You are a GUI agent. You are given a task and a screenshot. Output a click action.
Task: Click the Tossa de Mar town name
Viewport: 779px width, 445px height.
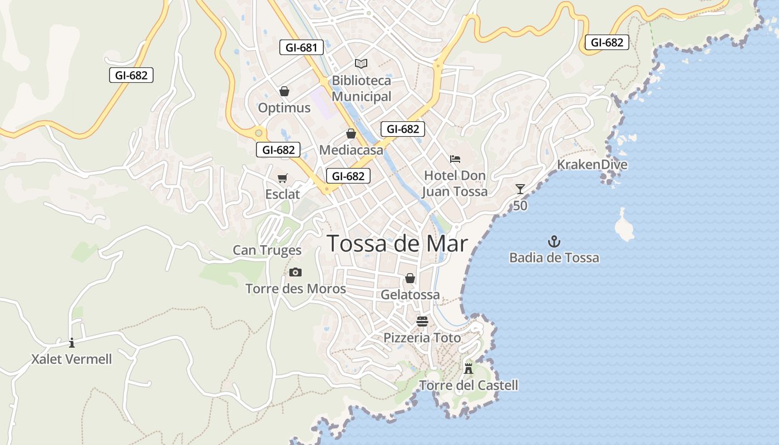pyautogui.click(x=397, y=244)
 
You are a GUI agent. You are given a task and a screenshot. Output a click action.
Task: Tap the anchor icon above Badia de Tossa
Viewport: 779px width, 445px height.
pyautogui.click(x=554, y=241)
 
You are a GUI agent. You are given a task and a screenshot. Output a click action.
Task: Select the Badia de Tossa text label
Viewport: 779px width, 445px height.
pyautogui.click(x=554, y=258)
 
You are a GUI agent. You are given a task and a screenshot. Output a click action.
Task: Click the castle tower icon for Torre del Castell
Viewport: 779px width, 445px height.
pyautogui.click(x=469, y=368)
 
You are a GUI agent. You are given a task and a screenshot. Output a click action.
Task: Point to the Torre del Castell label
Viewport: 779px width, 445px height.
pyautogui.click(x=469, y=385)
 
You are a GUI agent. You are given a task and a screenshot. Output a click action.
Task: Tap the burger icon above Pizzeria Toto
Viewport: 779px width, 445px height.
pyautogui.click(x=422, y=321)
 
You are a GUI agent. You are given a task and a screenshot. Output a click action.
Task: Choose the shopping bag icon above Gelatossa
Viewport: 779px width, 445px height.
pyautogui.click(x=410, y=278)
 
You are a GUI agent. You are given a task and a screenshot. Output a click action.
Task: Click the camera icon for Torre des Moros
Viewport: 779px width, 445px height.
pyautogui.click(x=295, y=272)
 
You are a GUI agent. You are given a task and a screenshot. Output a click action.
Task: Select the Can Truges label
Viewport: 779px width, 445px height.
pyautogui.click(x=267, y=250)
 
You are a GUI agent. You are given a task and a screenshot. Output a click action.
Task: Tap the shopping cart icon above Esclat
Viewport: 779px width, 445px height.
pyautogui.click(x=283, y=178)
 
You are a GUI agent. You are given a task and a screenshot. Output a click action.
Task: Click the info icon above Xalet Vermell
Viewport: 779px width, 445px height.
pyautogui.click(x=71, y=343)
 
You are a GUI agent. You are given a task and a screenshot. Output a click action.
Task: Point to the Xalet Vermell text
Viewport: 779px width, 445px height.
pyautogui.click(x=71, y=359)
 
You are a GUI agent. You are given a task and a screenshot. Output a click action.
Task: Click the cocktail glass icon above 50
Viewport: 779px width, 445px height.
pyautogui.click(x=520, y=189)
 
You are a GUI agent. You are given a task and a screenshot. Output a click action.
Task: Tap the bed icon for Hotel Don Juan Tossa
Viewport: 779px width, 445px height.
pyautogui.click(x=455, y=159)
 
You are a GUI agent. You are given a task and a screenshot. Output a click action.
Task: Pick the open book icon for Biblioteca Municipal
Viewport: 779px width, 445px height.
pyautogui.click(x=361, y=63)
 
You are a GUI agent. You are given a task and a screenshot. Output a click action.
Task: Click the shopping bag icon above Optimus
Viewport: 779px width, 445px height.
pyautogui.click(x=284, y=91)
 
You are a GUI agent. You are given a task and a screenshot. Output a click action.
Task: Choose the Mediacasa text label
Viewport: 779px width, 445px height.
pyautogui.click(x=351, y=150)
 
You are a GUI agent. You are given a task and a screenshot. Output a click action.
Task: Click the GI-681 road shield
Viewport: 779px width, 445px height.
pyautogui.click(x=301, y=47)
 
